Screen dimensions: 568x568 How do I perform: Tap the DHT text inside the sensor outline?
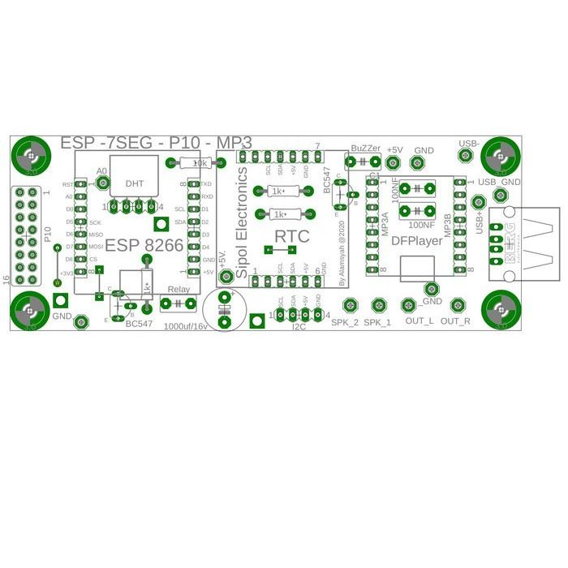click(x=134, y=184)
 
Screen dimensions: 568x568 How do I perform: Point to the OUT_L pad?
click(x=409, y=306)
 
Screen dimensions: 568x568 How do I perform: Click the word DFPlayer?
click(x=417, y=240)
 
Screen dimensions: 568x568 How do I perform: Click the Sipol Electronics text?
click(x=241, y=223)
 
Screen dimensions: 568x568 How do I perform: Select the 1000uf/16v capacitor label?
click(x=186, y=326)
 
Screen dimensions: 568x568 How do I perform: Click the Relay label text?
click(x=179, y=290)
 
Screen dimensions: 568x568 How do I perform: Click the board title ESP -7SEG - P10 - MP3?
click(x=156, y=143)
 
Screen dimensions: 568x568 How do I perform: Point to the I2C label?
click(x=300, y=327)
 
